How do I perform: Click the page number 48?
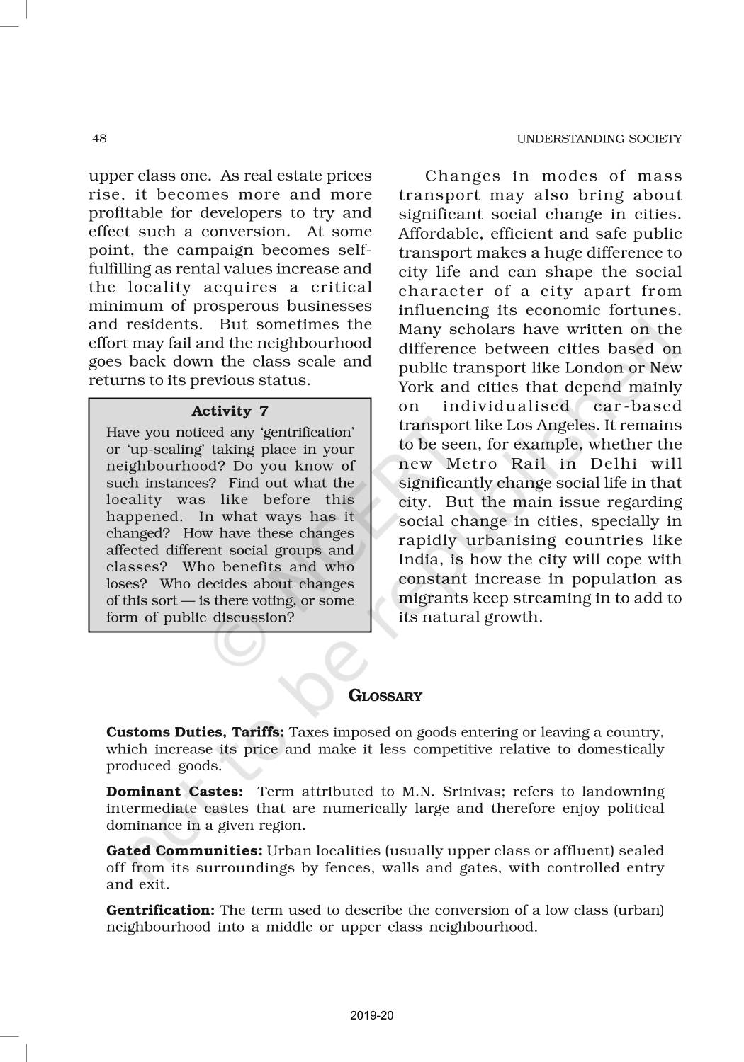(99, 138)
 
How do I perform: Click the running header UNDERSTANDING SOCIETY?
(599, 139)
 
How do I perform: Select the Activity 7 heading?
(230, 411)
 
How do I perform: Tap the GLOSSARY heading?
(385, 696)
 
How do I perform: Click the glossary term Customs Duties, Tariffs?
(195, 732)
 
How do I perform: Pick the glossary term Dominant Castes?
(174, 792)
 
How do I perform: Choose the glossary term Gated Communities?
(184, 850)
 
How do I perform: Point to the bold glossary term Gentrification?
(160, 910)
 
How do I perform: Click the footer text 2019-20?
(372, 1016)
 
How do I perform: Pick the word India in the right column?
(418, 559)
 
